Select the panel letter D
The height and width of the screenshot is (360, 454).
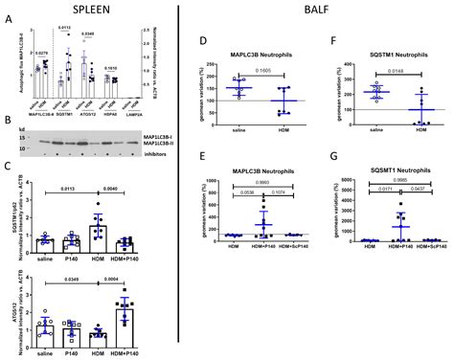(200, 43)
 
